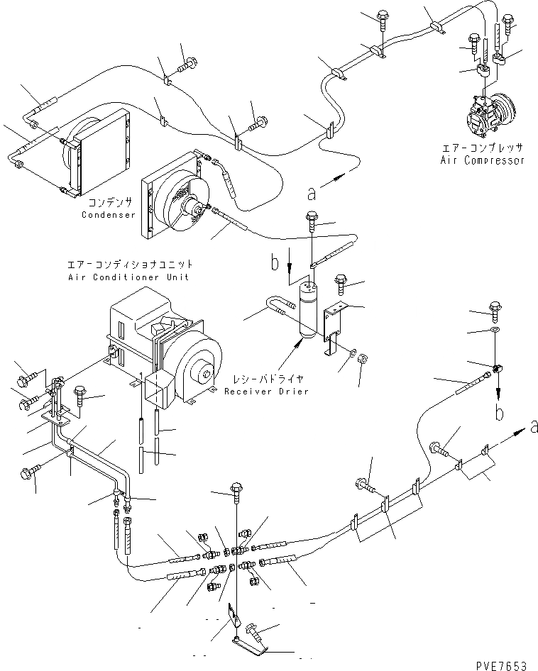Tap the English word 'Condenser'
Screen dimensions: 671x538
[x=108, y=214]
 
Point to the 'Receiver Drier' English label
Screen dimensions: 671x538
[x=266, y=392]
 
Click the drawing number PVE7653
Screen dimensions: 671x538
[x=503, y=665]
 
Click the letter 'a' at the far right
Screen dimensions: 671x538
[x=533, y=426]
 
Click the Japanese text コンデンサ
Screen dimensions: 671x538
[x=108, y=202]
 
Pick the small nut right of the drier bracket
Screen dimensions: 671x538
[x=361, y=356]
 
